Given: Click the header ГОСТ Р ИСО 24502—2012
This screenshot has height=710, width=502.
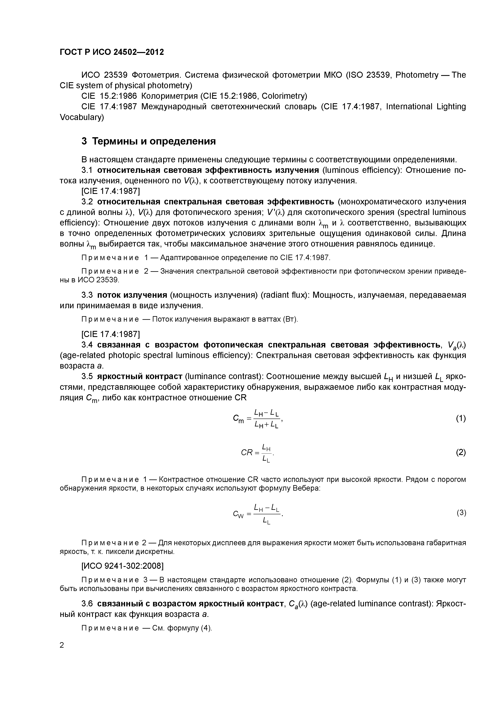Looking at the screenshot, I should pos(112,52).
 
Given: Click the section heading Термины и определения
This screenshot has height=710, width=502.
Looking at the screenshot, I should pos(148,141).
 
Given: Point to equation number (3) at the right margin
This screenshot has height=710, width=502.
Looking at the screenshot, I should pos(461,513).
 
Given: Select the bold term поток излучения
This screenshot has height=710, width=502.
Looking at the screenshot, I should pos(132,295).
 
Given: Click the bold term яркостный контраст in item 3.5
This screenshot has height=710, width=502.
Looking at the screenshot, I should pos(139,376).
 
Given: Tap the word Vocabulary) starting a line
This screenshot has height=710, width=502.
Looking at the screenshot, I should pos(82,117).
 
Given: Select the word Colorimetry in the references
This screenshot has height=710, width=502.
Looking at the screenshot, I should pos(284,96).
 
